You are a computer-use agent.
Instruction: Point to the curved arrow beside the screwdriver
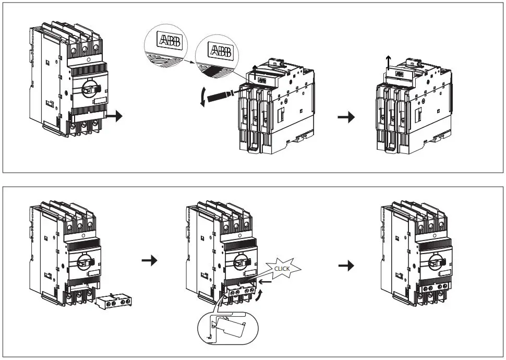click(x=202, y=98)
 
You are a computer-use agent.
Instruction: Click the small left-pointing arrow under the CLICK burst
click(x=264, y=282)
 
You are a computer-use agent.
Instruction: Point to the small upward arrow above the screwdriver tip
click(x=255, y=68)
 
